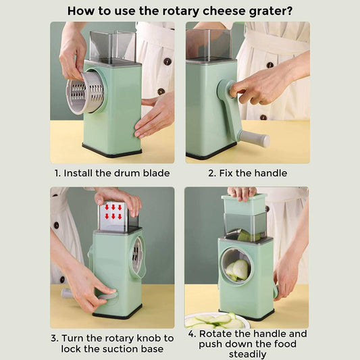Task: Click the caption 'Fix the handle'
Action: [x=253, y=173]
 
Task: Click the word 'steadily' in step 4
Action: [x=247, y=354]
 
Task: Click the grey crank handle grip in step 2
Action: [x=254, y=138]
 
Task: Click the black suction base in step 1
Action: [x=112, y=151]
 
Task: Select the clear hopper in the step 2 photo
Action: [x=207, y=42]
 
